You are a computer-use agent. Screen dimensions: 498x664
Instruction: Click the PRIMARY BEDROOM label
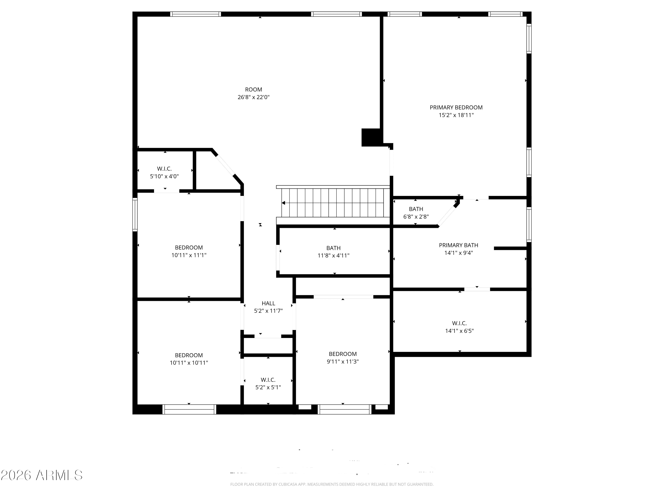point(456,108)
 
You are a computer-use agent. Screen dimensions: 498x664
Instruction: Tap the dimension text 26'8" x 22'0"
point(253,97)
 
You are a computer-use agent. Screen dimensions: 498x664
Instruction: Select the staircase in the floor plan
point(333,203)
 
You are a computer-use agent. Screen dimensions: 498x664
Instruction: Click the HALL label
point(268,303)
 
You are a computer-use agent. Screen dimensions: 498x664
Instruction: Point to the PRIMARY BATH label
point(458,245)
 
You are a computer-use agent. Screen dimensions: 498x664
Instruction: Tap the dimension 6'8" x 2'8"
point(416,217)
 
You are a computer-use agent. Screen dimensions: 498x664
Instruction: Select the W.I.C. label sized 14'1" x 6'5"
point(459,323)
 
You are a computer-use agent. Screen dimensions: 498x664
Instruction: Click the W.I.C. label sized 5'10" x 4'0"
point(164,169)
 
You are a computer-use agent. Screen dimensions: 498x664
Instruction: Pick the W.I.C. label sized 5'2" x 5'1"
point(268,380)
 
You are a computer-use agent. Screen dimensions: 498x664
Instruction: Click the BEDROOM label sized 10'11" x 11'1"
point(189,248)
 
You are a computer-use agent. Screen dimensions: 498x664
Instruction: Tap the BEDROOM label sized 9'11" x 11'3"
point(342,354)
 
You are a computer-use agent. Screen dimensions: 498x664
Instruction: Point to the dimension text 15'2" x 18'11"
point(456,115)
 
